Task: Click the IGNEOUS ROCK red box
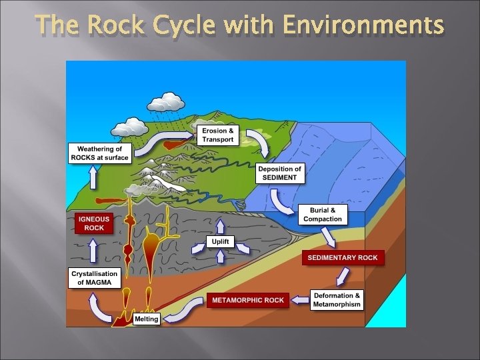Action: click(93, 223)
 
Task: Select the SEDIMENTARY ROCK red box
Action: click(343, 257)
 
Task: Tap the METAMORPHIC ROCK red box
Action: click(247, 300)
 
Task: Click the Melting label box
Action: click(146, 319)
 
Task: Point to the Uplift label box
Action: click(221, 241)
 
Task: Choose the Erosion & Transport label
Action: click(218, 135)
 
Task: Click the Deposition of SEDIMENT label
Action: click(280, 173)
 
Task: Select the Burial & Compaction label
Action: click(323, 215)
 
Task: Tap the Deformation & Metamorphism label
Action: click(337, 300)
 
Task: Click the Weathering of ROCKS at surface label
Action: click(99, 153)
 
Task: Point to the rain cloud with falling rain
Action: click(166, 103)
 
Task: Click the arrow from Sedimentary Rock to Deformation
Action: click(343, 276)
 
